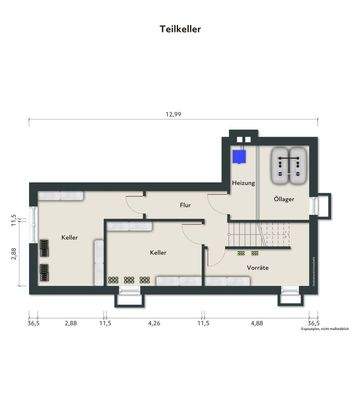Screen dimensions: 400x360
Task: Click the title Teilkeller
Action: (x=180, y=29)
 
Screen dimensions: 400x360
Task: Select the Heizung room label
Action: (x=243, y=184)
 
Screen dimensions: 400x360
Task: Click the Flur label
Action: (x=185, y=205)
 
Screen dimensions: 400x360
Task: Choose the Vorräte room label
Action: (x=258, y=266)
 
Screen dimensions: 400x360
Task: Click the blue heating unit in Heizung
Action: (x=238, y=156)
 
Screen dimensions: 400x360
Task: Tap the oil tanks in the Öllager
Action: (x=291, y=164)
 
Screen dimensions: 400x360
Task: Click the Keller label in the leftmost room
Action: (x=69, y=238)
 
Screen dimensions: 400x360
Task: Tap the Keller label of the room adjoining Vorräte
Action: (x=158, y=253)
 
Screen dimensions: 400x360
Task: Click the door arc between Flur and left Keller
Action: (x=132, y=200)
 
